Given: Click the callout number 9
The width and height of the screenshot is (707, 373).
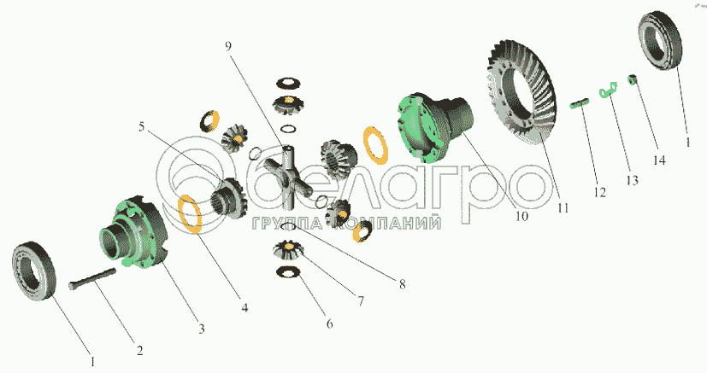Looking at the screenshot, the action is (228, 47).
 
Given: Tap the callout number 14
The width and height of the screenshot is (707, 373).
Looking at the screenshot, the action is (659, 160).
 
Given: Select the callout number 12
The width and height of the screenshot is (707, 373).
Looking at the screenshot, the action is (599, 193).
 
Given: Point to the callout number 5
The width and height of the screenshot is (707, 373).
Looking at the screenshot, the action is (141, 127).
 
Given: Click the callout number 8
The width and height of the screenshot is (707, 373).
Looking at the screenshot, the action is (402, 284).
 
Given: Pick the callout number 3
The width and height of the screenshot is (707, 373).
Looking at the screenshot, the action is (202, 329).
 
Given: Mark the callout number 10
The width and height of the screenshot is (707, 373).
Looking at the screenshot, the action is (521, 217).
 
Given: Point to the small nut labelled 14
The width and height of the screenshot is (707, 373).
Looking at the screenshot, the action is (632, 80).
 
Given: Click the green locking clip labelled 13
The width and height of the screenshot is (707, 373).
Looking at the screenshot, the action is (608, 89).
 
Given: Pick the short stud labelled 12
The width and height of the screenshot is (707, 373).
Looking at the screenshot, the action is (580, 103).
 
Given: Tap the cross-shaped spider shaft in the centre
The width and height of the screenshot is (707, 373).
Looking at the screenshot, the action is (287, 176).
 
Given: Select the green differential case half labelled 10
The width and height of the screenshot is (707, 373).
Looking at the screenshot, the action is (435, 126).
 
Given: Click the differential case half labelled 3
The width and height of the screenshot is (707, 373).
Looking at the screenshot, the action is (133, 233).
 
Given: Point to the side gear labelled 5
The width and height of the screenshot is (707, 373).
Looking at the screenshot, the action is (228, 197).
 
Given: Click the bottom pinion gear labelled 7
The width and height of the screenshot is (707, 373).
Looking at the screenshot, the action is (288, 251).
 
